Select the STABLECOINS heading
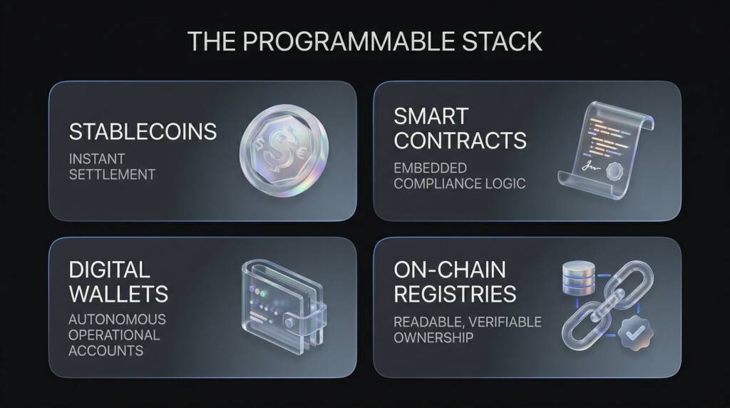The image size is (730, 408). pos(143,132)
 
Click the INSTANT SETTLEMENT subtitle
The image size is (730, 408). pos(112,165)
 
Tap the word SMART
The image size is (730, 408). pos(431,116)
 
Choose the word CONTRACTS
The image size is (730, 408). pos(460,140)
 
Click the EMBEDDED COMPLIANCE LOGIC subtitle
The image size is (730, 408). pos(459,175)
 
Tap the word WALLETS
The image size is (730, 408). pos(118,293)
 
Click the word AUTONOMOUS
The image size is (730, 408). pos(117,319)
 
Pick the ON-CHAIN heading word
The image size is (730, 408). pos(450,270)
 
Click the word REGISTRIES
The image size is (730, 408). pos(455,293)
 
